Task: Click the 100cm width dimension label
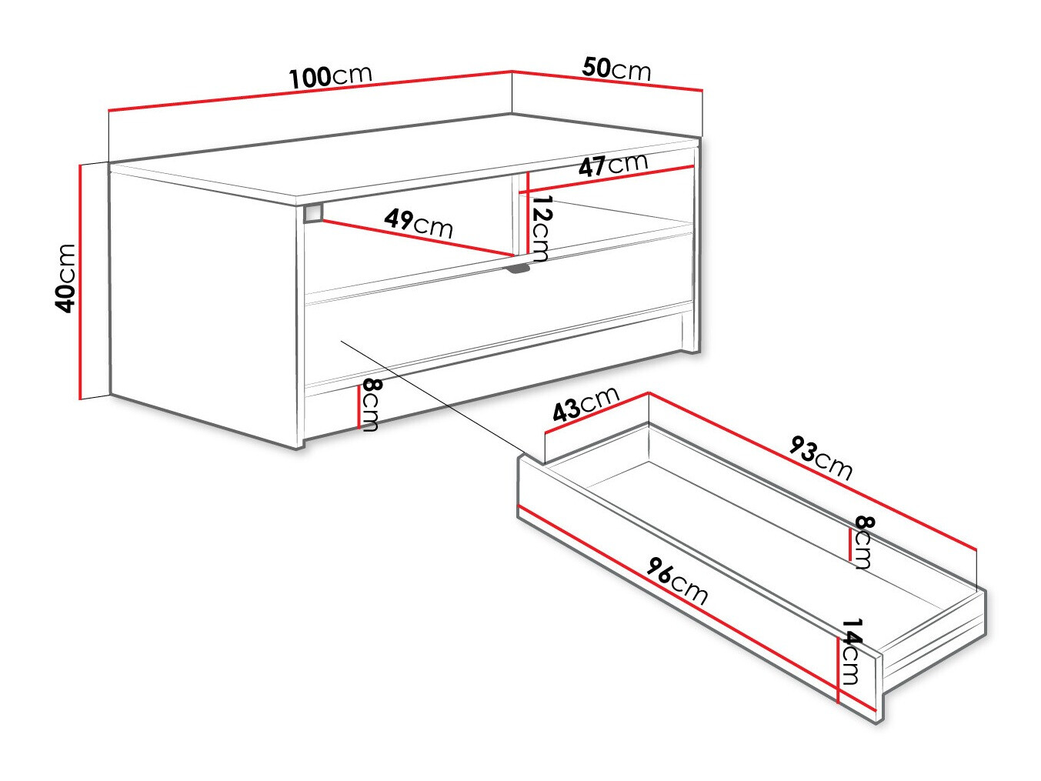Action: (331, 76)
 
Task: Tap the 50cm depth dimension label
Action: (616, 68)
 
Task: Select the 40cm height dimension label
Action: (66, 278)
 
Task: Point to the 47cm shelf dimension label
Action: (613, 165)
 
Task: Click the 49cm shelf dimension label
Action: (418, 223)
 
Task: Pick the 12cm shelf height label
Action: (542, 229)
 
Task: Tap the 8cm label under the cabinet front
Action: (370, 405)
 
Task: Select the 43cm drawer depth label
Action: (586, 403)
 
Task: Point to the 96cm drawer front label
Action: (677, 582)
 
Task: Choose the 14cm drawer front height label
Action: (851, 651)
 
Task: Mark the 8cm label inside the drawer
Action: (863, 542)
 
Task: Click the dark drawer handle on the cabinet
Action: (519, 269)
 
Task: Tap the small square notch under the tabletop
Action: (312, 212)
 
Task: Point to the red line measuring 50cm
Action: (607, 81)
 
